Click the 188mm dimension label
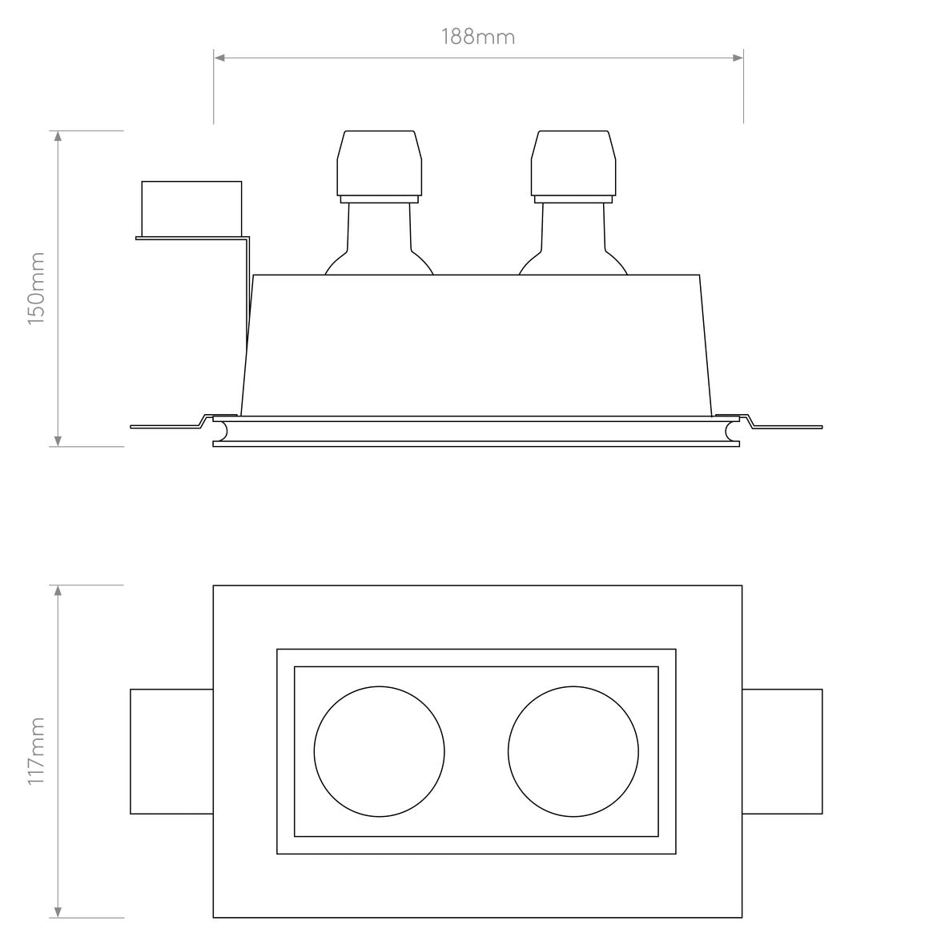478,37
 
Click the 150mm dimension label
36,288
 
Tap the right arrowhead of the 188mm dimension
738,58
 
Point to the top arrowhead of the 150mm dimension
58,136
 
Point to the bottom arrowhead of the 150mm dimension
58,440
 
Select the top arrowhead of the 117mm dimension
58,591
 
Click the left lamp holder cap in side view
379,164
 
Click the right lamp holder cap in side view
573,164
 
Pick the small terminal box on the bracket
191,207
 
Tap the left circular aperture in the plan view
379,751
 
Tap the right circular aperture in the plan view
573,751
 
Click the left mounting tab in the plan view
171,751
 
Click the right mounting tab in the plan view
782,751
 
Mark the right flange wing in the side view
789,425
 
